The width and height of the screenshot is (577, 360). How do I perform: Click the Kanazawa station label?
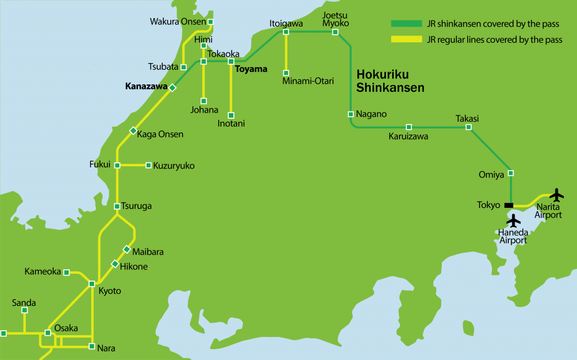[146, 87]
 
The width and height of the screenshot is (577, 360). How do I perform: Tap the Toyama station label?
[251, 70]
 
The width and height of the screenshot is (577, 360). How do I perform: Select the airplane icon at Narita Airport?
[557, 195]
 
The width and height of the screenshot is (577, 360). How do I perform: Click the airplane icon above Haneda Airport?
[513, 221]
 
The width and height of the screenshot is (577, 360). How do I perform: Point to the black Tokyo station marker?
[509, 205]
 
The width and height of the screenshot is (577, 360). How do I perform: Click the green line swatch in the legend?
[406, 24]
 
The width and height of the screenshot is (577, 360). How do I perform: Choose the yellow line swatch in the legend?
[406, 39]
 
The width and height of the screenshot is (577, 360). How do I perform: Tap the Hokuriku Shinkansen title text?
[390, 81]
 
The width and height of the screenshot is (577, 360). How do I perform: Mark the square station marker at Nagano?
[350, 114]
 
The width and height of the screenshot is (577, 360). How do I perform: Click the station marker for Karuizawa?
[409, 127]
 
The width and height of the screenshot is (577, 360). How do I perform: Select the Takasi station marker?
[468, 127]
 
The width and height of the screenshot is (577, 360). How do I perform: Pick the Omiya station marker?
[511, 172]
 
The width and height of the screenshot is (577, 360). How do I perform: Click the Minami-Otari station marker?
[286, 73]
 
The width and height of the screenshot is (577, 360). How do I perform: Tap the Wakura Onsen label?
[177, 22]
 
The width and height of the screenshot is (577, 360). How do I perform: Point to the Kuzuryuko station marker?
[148, 165]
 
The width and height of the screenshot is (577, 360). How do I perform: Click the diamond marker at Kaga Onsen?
[133, 131]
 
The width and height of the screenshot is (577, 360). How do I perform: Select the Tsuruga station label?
[137, 206]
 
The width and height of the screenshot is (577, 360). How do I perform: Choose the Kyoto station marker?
[91, 283]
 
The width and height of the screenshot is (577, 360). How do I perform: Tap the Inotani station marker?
[231, 115]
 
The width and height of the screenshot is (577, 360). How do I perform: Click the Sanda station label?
[24, 303]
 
